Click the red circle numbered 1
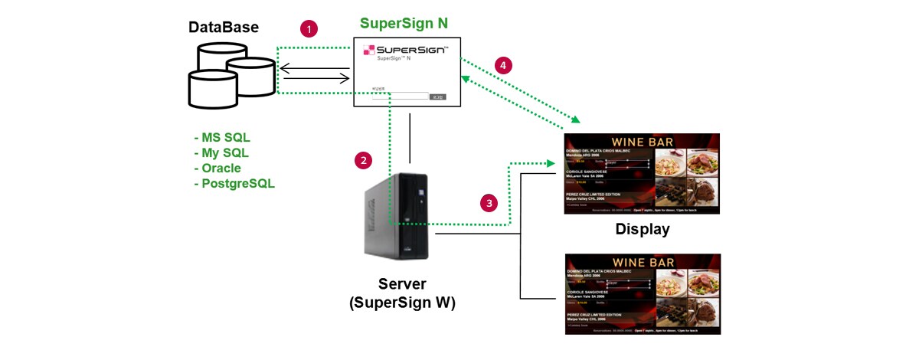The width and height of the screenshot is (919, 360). [x=309, y=29]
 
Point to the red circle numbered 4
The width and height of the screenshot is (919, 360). [x=502, y=66]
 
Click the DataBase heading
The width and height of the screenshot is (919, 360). [x=224, y=28]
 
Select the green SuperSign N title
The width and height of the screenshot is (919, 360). [x=404, y=23]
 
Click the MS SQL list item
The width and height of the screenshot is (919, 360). [x=225, y=138]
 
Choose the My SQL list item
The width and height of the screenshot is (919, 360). [x=224, y=153]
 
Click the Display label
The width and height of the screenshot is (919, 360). [x=642, y=229]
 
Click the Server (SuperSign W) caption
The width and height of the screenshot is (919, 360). [x=402, y=293]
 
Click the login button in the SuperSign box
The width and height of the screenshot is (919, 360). [x=437, y=97]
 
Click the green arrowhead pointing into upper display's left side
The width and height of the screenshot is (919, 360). [x=551, y=163]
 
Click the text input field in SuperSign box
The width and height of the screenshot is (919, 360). [x=400, y=97]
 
